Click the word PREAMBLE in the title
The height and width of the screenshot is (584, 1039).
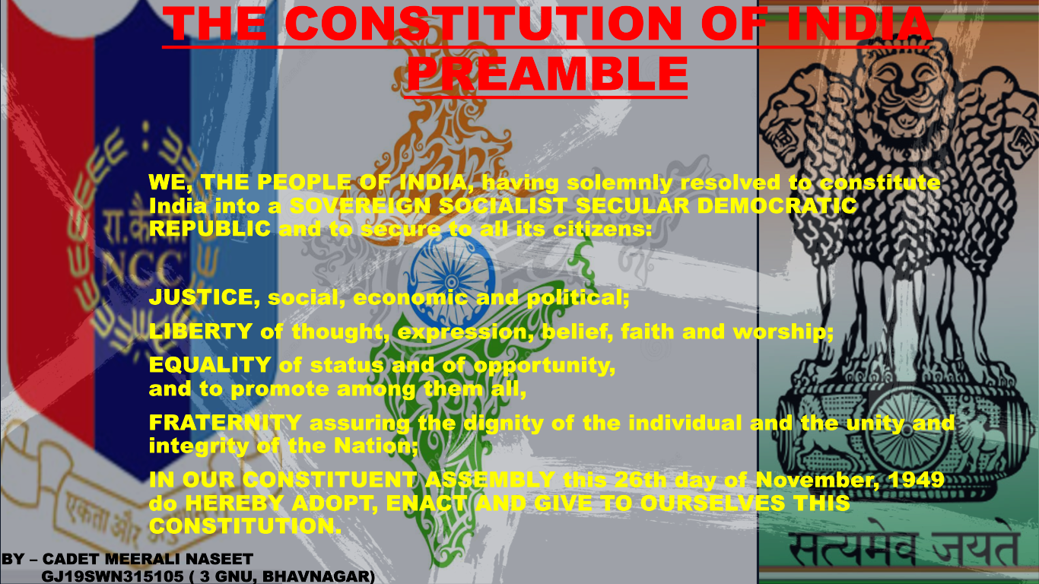[x=546, y=74]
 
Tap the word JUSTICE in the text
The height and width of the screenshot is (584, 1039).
[x=200, y=297]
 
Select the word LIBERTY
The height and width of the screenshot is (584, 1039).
[x=200, y=332]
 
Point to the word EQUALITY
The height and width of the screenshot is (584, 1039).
[x=209, y=365]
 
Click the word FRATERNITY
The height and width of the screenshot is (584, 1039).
[x=225, y=423]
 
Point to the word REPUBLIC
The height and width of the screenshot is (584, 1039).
[x=209, y=229]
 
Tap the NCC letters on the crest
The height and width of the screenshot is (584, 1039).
[x=141, y=266]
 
